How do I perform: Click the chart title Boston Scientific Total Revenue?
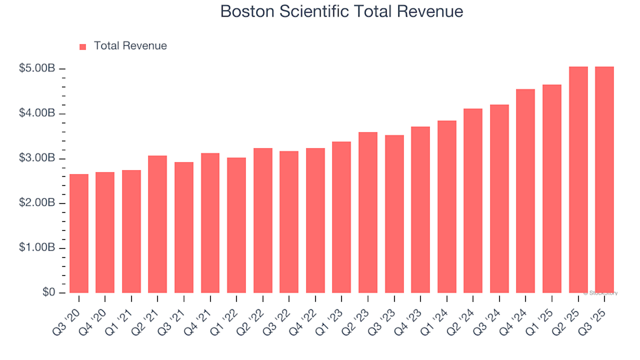(x=341, y=12)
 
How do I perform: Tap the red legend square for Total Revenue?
(x=83, y=47)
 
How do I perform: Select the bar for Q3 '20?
(x=79, y=233)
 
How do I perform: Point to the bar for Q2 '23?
(x=368, y=213)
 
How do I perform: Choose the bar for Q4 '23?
(x=421, y=210)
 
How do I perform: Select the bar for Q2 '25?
(x=578, y=180)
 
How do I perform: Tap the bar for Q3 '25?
(x=604, y=180)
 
